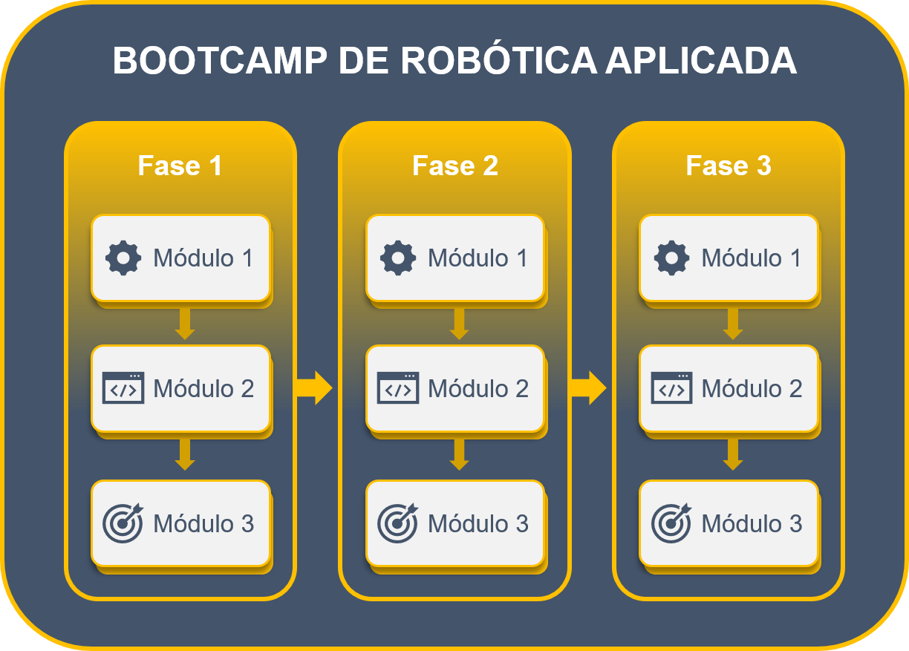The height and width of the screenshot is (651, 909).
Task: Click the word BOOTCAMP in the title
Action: [219, 61]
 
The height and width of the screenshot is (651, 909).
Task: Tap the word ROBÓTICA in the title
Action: [498, 61]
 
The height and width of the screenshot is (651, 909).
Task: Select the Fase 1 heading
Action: [180, 166]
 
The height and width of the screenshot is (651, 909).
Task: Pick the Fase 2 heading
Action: [455, 166]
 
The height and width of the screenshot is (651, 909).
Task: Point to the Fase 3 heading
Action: [729, 166]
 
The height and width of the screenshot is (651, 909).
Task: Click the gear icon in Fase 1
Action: [123, 258]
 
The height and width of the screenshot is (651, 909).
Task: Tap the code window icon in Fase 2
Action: [398, 388]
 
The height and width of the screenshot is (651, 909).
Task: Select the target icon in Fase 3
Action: [671, 523]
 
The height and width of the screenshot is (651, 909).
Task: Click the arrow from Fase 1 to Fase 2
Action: [314, 387]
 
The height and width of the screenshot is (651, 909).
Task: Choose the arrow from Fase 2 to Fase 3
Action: [588, 387]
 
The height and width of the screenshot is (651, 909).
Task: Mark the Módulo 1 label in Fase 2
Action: [478, 258]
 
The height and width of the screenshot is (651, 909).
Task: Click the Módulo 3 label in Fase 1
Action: [203, 523]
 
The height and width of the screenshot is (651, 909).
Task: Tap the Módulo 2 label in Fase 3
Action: [752, 388]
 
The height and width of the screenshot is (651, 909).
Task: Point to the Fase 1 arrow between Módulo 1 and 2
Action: [185, 323]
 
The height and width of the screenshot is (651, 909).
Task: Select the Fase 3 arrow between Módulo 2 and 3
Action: [733, 454]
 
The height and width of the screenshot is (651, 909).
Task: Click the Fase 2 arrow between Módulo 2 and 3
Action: [459, 454]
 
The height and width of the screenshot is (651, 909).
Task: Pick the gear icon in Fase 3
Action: [671, 258]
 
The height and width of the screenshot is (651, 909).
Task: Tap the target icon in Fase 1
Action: [123, 523]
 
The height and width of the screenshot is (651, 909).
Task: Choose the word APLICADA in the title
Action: [700, 61]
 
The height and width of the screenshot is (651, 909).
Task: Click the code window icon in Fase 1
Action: [123, 388]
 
